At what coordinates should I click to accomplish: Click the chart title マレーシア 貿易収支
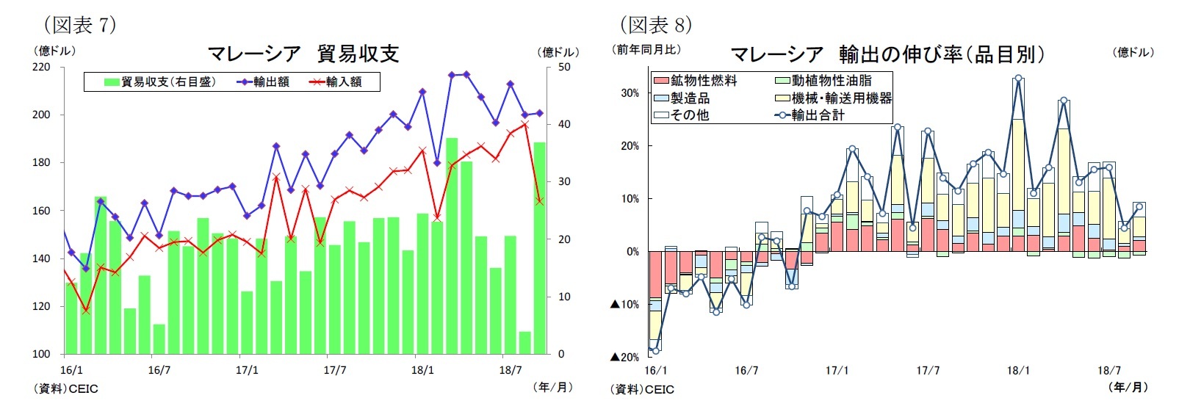click(x=303, y=54)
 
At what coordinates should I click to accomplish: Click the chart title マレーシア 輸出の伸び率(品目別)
click(x=887, y=54)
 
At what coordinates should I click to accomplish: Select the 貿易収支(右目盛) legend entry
click(x=161, y=82)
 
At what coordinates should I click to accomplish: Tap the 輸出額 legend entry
click(x=264, y=82)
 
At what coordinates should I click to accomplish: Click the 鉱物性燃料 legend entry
click(x=696, y=80)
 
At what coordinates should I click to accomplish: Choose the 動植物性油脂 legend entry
click(x=824, y=80)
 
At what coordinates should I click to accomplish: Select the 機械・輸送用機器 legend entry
click(x=834, y=98)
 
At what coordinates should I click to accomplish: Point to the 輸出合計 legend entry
click(x=811, y=115)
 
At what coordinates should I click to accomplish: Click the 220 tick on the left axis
click(x=41, y=67)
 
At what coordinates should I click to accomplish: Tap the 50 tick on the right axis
click(x=564, y=67)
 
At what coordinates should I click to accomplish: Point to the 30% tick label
click(x=630, y=93)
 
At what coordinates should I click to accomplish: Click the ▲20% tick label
click(x=624, y=357)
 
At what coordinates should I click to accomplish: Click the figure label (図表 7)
click(x=79, y=24)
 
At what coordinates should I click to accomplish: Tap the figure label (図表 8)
click(x=656, y=24)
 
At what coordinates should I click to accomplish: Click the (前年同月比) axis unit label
click(x=646, y=49)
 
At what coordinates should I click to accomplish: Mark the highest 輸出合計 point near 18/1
click(x=1018, y=78)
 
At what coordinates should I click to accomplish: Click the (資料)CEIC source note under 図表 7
click(x=65, y=388)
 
